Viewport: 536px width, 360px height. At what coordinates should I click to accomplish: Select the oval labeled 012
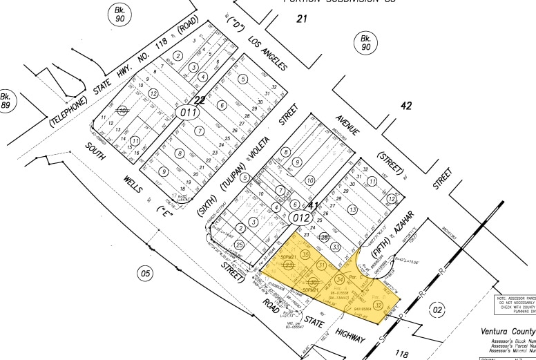(x=301, y=218)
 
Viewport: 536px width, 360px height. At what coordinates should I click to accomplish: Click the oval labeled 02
(x=437, y=310)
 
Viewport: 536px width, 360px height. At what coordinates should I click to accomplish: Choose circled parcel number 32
(x=379, y=305)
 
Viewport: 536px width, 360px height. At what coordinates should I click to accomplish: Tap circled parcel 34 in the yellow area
(x=340, y=278)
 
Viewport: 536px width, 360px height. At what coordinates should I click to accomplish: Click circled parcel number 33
(x=336, y=247)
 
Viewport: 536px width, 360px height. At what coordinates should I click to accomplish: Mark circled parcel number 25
(x=239, y=245)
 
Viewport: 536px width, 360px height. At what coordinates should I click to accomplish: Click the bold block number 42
(x=406, y=105)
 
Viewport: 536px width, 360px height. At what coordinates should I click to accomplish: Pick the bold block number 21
(x=302, y=19)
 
